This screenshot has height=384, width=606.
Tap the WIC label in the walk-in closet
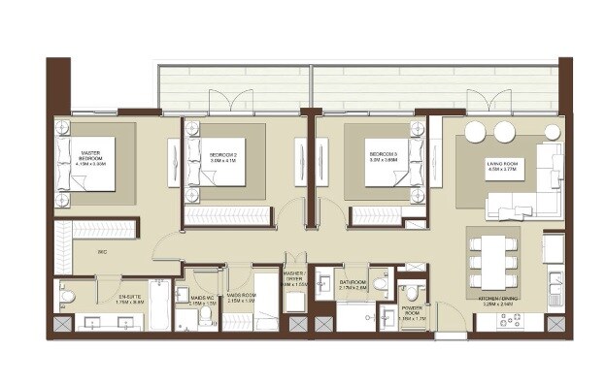[x=101, y=253]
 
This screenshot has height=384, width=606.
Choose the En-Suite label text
[x=130, y=301]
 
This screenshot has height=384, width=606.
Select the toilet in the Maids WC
[x=205, y=320]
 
